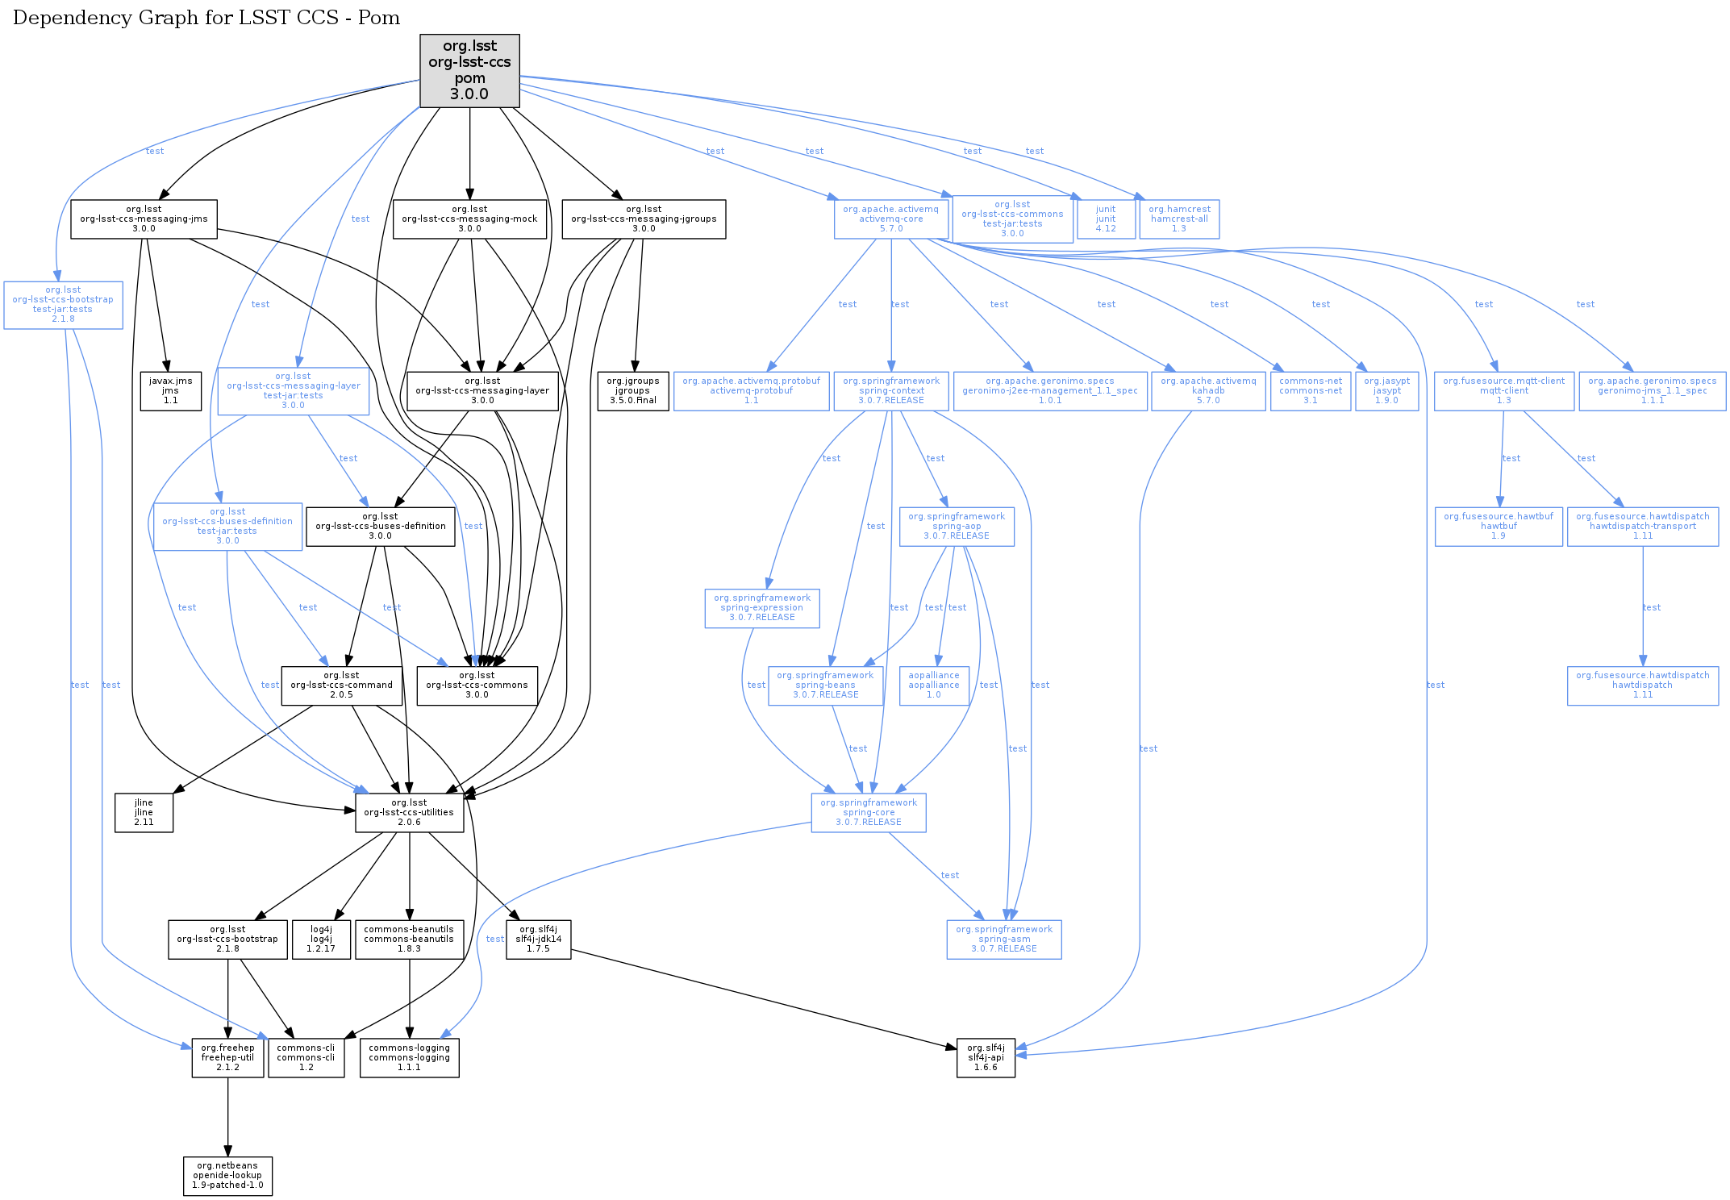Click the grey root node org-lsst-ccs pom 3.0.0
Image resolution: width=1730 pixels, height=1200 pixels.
click(469, 70)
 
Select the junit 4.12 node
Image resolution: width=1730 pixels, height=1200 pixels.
click(1106, 219)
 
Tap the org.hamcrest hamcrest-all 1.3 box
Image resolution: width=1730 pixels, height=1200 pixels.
click(1179, 219)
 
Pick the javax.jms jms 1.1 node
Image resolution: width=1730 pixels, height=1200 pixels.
click(170, 391)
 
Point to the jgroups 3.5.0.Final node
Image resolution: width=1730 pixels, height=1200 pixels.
click(632, 391)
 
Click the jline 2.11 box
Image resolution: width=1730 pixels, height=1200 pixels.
click(144, 813)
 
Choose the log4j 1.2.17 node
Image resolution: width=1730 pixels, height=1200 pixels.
click(321, 940)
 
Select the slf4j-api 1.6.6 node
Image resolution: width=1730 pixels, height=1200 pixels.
click(986, 1058)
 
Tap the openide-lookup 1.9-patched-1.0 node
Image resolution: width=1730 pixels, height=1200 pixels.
click(227, 1176)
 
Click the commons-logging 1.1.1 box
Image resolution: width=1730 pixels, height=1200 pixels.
click(409, 1058)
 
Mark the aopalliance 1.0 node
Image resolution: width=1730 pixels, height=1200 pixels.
click(934, 685)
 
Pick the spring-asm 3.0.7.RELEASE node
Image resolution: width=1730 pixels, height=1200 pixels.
click(1004, 940)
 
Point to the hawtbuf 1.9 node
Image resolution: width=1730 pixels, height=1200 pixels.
click(1499, 527)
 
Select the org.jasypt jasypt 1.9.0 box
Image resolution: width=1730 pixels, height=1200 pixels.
click(1386, 391)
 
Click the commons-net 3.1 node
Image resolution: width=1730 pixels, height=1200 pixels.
click(1311, 391)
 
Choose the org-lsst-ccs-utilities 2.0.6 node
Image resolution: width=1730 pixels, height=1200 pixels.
click(409, 813)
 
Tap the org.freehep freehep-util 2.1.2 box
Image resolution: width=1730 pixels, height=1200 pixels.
click(227, 1058)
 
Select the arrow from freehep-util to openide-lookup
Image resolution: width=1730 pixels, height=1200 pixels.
click(227, 1117)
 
